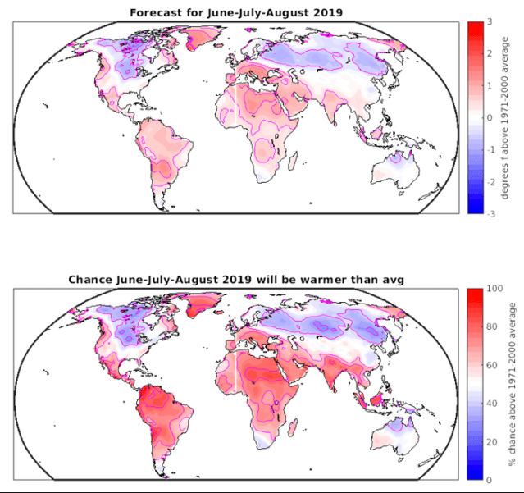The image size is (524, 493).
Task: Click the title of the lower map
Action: tap(236, 280)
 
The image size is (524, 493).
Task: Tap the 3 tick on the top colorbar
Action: tap(490, 22)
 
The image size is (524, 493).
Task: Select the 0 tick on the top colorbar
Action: tap(490, 117)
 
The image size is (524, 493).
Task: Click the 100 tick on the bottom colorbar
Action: tap(494, 289)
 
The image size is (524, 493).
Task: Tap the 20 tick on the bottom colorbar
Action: tap(492, 441)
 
